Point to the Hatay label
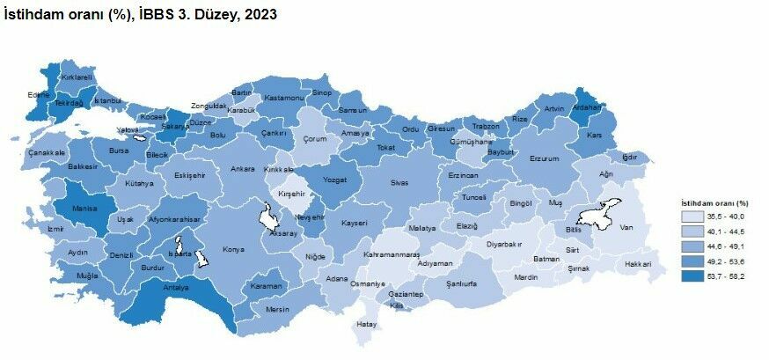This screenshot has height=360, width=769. click(x=365, y=324)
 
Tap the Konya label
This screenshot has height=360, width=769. click(x=233, y=249)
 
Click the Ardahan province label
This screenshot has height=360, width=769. click(x=586, y=108)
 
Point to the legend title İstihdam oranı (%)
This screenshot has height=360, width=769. click(x=713, y=203)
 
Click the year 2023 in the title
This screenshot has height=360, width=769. click(x=260, y=16)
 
